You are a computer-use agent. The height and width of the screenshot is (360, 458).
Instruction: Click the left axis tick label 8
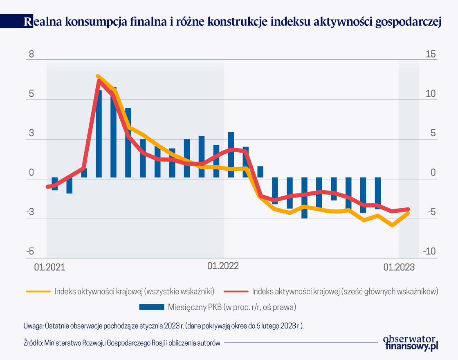pos(30,55)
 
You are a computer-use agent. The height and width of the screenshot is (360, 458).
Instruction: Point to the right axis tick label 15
pos(431,55)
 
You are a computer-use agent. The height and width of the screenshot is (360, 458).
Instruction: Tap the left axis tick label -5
pos(30,252)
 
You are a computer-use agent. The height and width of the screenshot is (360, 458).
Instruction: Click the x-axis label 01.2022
pos(223,266)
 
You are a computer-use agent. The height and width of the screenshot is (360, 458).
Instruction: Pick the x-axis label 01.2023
pos(399,267)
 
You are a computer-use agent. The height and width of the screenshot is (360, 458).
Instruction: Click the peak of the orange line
pos(98,76)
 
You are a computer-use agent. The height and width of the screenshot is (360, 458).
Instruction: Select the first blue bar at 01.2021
pos(54,184)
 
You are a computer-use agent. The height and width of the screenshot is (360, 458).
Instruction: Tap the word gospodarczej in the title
pos(409,22)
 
